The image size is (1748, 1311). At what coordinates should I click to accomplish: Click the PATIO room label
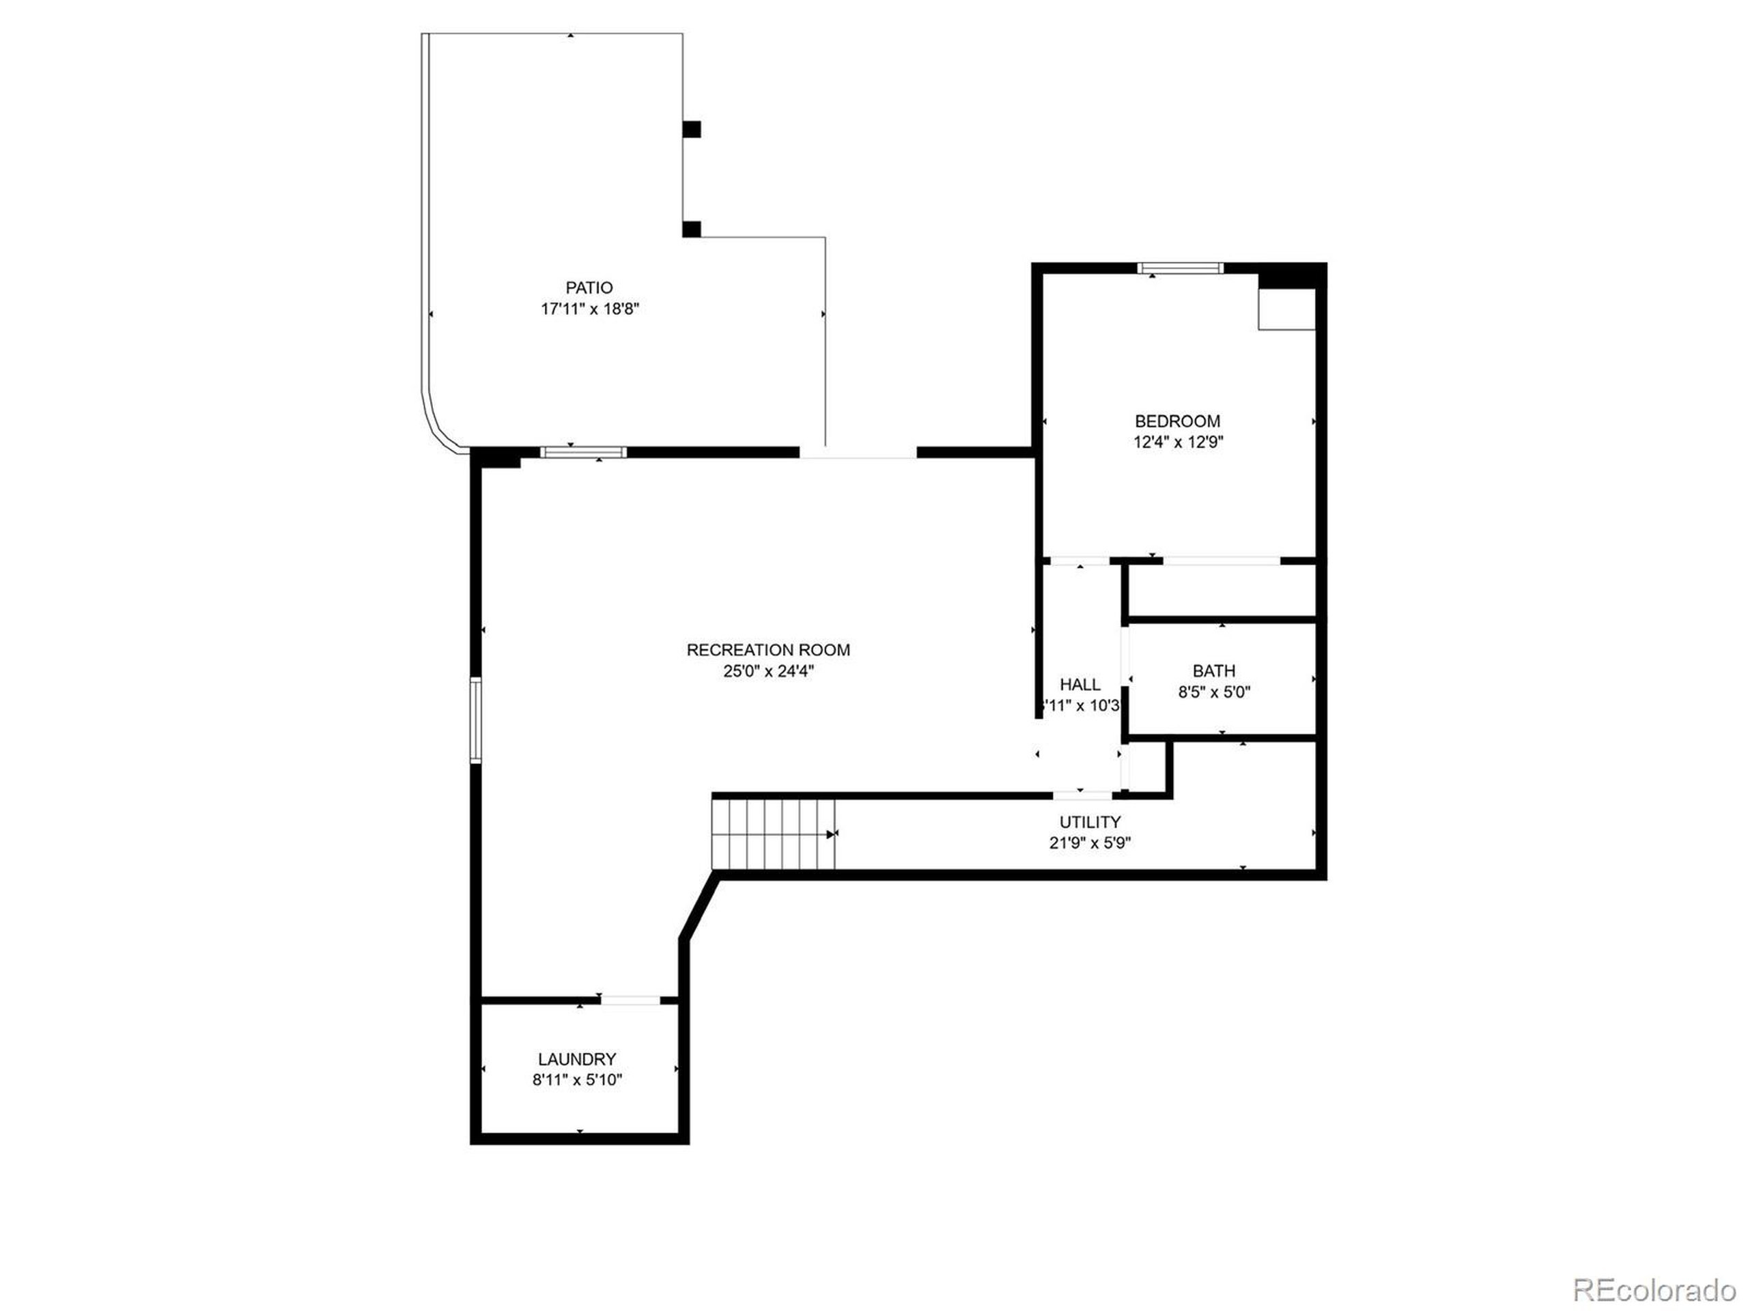589,287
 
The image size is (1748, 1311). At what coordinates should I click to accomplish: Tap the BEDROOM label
1177,421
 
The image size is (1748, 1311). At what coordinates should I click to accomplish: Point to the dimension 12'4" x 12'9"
1177,442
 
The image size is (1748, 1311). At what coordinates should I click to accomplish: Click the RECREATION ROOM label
768,649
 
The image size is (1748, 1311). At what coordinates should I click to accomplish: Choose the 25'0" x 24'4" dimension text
768,672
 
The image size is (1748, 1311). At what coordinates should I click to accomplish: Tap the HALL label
1080,684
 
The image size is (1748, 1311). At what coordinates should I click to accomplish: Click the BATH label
1214,671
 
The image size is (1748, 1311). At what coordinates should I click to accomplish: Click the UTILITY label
1090,822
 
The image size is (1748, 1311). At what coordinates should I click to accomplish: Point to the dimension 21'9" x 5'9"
1090,843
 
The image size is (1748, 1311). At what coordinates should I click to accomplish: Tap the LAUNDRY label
577,1059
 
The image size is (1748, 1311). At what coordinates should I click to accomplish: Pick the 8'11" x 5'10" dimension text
577,1080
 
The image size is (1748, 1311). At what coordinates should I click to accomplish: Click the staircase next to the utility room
774,834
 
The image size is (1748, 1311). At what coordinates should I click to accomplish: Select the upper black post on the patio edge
692,129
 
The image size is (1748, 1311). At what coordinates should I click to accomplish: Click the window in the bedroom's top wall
1180,268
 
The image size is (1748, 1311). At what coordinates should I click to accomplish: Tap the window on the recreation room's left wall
476,720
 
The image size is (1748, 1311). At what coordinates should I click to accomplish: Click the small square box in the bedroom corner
1286,309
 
